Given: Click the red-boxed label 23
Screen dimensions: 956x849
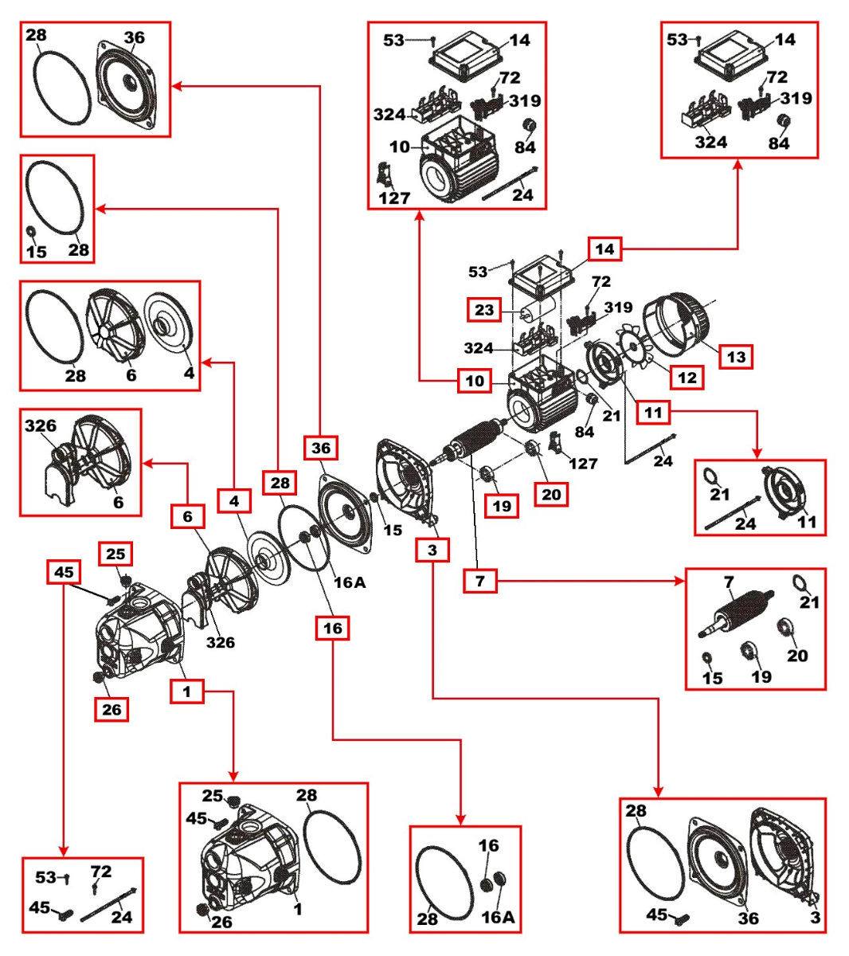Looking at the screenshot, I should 484,310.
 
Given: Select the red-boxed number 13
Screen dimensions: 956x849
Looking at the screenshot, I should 736,356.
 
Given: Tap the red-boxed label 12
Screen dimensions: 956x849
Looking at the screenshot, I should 687,378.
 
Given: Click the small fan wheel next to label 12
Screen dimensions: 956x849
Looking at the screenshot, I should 637,348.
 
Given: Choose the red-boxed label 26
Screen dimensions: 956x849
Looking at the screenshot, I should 112,709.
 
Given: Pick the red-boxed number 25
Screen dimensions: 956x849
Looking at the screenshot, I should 115,554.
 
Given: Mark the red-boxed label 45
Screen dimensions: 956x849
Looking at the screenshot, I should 64,571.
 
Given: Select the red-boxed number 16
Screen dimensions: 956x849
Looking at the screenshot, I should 332,628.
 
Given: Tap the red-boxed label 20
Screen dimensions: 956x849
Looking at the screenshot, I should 551,494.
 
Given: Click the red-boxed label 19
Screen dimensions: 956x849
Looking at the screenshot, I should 502,506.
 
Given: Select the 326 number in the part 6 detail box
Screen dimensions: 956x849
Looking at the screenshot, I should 41,425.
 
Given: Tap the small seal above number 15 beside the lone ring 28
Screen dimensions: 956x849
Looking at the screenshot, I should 32,232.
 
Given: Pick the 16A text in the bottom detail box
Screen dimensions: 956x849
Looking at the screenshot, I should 498,917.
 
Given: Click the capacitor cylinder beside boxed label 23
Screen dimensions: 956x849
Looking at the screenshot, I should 534,309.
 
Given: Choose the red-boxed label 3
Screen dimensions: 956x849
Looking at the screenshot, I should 432,550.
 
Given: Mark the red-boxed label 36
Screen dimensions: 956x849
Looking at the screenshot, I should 321,448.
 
